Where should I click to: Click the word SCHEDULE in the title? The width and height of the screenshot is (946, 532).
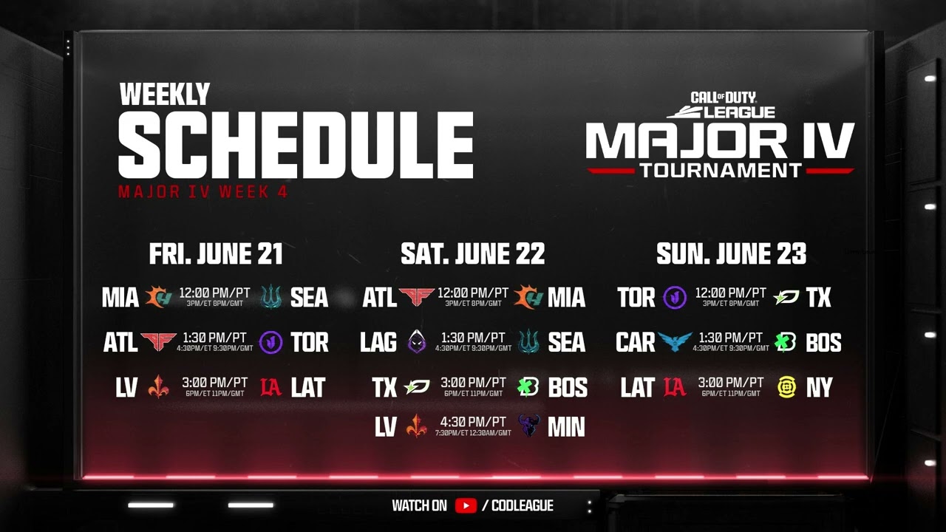click(296, 146)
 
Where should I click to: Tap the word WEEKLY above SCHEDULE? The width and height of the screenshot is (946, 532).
click(165, 95)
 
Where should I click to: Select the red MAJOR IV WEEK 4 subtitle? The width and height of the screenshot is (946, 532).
click(203, 192)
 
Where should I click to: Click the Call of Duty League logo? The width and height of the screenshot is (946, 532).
click(721, 105)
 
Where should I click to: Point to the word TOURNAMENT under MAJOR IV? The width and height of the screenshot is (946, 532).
click(721, 170)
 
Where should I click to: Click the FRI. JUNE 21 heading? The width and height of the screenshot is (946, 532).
click(216, 254)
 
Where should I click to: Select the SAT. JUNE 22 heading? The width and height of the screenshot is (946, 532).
click(473, 254)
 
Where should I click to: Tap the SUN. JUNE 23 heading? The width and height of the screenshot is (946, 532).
click(731, 254)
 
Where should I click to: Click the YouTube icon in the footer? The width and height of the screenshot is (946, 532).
click(466, 506)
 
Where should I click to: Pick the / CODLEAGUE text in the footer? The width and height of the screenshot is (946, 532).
click(517, 506)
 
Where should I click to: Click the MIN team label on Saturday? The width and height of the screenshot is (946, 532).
click(566, 427)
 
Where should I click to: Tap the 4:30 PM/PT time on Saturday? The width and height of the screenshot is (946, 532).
click(473, 422)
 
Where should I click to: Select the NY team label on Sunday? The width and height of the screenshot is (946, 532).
click(819, 387)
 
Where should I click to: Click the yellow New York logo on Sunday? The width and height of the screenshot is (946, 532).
click(787, 387)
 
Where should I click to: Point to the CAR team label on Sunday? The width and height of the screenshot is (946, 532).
click(635, 342)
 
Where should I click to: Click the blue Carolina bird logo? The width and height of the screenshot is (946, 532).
click(675, 341)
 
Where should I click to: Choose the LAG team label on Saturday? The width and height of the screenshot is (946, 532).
click(378, 342)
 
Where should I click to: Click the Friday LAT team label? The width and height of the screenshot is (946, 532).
click(307, 387)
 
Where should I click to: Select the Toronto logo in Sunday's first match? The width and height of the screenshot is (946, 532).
click(675, 298)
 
